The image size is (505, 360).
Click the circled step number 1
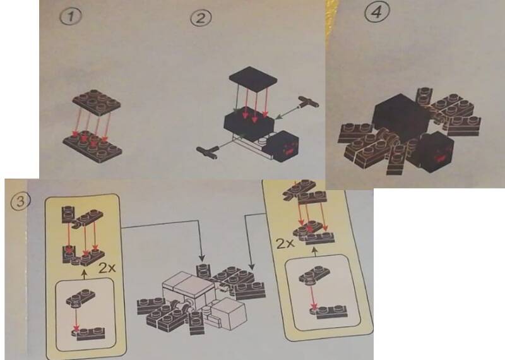pyautogui.click(x=71, y=16)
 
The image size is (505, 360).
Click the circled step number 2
pyautogui.click(x=201, y=18)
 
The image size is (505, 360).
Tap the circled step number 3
pyautogui.click(x=20, y=201)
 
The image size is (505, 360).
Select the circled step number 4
pyautogui.click(x=376, y=12)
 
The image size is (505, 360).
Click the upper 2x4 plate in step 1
pyautogui.click(x=97, y=102)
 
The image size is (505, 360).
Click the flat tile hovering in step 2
pyautogui.click(x=254, y=78)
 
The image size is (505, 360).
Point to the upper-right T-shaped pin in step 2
pyautogui.click(x=308, y=102)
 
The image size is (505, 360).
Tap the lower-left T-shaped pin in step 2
pyautogui.click(x=207, y=152)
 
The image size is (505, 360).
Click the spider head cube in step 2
pyautogui.click(x=285, y=147)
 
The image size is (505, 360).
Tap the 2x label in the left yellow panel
pyautogui.click(x=107, y=268)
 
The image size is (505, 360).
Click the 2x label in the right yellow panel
pyautogui.click(x=285, y=244)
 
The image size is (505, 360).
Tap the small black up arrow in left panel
pyautogui.click(x=85, y=275)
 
